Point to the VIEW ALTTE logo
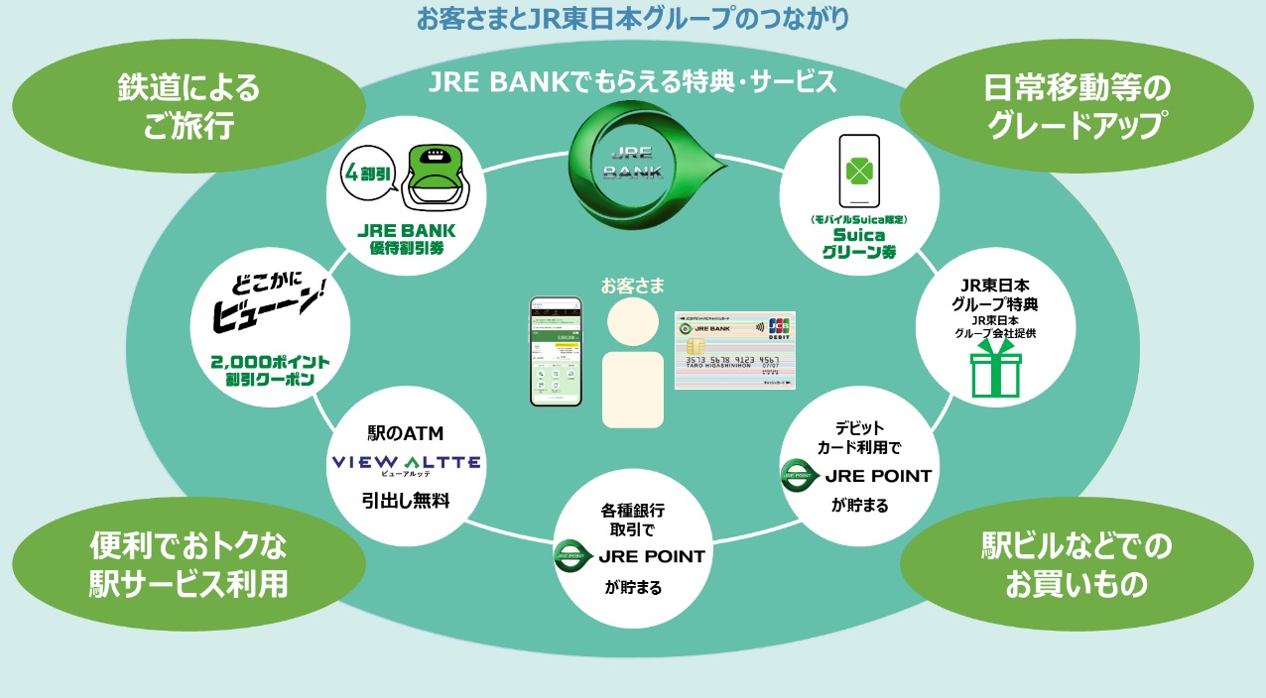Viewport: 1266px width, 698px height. point(406,463)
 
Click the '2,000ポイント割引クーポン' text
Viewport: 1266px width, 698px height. point(271,370)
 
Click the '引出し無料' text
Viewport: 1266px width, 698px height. point(405,501)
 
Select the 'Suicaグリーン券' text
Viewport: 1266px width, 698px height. point(858,244)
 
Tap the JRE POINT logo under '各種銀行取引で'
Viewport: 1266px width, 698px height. point(631,556)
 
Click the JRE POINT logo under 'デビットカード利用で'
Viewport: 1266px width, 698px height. point(857,475)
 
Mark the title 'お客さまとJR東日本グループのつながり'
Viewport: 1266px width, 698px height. point(633,18)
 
